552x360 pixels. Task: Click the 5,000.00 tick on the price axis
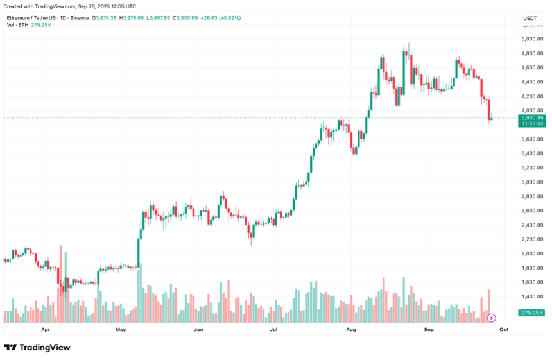(x=533, y=39)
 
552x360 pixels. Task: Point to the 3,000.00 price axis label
(x=533, y=182)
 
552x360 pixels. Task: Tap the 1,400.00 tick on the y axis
(x=533, y=296)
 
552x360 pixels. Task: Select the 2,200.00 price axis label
(x=533, y=239)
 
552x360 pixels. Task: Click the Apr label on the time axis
(x=45, y=329)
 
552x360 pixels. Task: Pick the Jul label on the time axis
(x=274, y=329)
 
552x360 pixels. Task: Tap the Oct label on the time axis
(x=504, y=329)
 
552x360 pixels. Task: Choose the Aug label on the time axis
(x=351, y=329)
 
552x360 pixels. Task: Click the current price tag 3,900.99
(x=533, y=117)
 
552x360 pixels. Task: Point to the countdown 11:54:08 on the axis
(x=533, y=124)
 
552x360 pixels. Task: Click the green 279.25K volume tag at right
(x=533, y=313)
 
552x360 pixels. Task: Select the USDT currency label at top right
(x=530, y=18)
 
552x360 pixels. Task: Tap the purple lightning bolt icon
(x=492, y=318)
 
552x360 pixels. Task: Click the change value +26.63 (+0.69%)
(x=220, y=18)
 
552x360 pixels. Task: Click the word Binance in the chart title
(x=80, y=18)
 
